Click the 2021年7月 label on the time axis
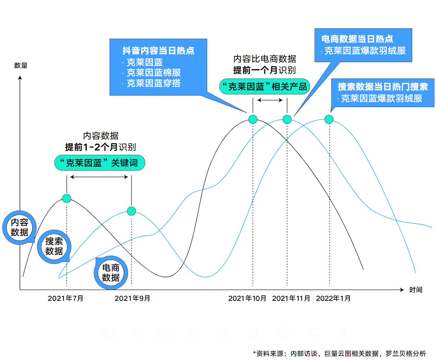point(65,298)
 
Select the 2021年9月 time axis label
point(132,298)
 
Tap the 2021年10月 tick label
point(247,298)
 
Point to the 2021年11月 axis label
point(291,298)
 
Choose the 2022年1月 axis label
point(333,298)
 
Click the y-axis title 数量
point(21,65)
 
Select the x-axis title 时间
point(415,290)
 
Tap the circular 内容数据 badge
point(20,227)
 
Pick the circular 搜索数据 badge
point(54,246)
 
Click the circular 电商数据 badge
point(111,272)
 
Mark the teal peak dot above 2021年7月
point(67,198)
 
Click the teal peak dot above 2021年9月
point(131,211)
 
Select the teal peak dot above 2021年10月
point(253,119)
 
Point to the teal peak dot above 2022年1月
point(329,119)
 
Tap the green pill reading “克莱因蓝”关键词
point(100,163)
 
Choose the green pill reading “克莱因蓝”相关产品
point(264,87)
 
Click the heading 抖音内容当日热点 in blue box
point(158,51)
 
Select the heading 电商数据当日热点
point(357,39)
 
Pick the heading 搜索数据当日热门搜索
point(383,87)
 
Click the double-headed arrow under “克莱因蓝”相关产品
point(270,100)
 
